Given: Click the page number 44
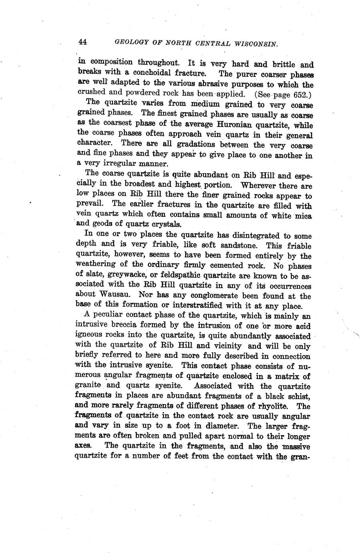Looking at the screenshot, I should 83,41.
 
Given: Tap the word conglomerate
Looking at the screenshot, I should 208,296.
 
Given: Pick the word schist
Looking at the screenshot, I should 296,396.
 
